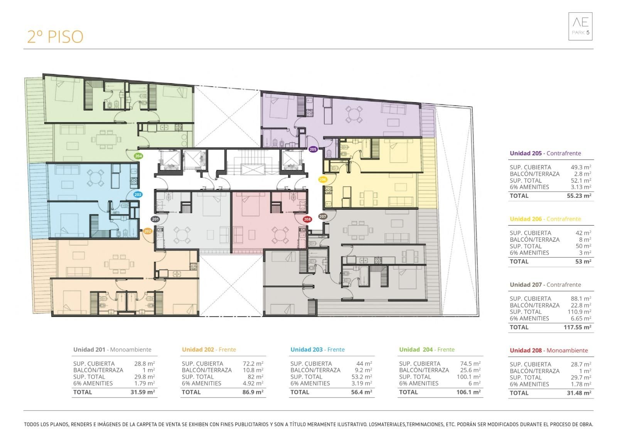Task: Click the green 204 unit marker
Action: point(138,156)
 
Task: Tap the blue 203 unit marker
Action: point(138,195)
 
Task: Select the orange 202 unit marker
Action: point(148,231)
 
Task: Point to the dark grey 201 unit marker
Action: point(155,219)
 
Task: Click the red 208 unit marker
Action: point(307,219)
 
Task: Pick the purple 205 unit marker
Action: point(313,150)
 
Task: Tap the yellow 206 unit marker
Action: point(322,180)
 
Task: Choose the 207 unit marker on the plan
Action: point(322,217)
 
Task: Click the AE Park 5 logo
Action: point(580,27)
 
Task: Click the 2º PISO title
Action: point(55,37)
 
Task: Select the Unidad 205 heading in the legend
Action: point(526,153)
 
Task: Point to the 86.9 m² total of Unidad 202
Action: point(253,392)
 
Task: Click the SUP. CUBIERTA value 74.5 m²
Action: point(470,364)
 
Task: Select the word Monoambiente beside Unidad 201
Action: point(131,350)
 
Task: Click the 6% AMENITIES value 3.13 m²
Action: point(581,187)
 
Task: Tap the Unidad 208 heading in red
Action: point(526,351)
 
